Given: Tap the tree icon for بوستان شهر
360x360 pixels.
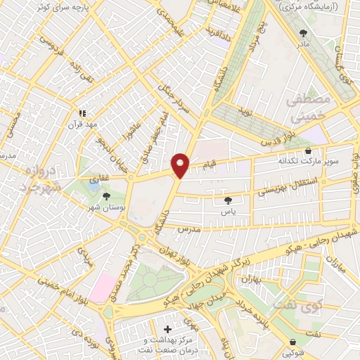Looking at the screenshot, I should coord(106,197).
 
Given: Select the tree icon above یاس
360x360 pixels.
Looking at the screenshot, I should coord(226,200).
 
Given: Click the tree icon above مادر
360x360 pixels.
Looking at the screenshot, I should coord(304,32).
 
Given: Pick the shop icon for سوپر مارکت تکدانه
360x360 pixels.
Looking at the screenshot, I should coord(308,150).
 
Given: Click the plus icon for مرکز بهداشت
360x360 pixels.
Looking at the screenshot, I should coord(167,328).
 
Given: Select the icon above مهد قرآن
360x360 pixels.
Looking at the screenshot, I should coord(82,112).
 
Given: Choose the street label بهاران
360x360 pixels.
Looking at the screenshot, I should coord(252,279).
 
